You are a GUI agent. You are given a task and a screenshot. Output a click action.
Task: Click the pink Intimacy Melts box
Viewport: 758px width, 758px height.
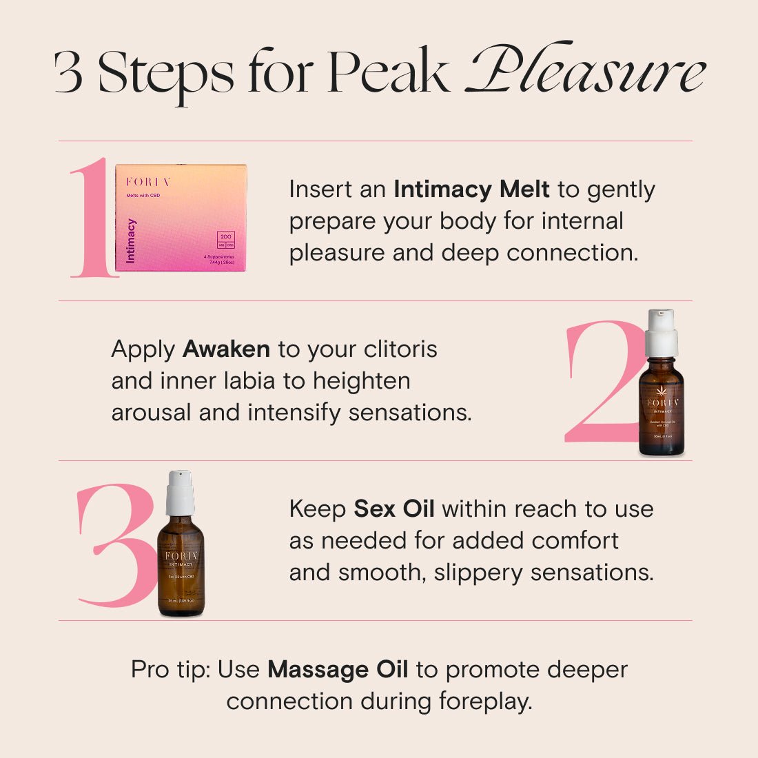(x=181, y=218)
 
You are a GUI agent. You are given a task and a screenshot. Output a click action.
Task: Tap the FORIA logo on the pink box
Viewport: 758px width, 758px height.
(x=147, y=182)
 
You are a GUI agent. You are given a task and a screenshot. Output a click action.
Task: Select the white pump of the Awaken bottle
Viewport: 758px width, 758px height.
(x=662, y=332)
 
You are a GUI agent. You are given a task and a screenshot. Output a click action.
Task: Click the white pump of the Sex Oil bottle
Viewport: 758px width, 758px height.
(x=181, y=492)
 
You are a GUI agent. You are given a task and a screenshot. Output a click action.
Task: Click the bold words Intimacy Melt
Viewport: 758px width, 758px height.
(x=471, y=189)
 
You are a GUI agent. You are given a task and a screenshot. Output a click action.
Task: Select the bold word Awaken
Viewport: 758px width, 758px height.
(x=226, y=349)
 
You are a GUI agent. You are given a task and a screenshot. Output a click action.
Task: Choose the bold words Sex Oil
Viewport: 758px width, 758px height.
(x=394, y=509)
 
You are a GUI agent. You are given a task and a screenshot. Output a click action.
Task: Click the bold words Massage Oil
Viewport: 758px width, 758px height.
(x=338, y=670)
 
